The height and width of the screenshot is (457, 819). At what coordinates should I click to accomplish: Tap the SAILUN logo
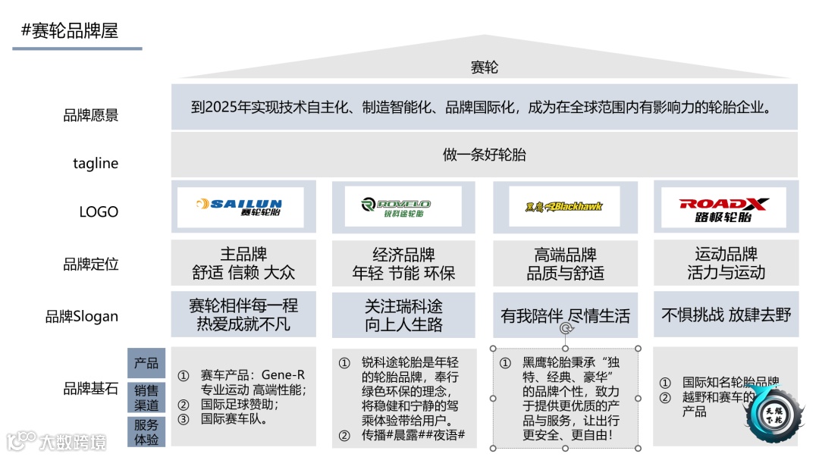click(x=240, y=206)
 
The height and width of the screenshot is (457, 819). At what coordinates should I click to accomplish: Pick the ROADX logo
click(x=725, y=206)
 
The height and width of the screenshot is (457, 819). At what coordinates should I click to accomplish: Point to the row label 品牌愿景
click(x=90, y=116)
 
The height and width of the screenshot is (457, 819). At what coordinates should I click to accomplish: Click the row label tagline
click(x=96, y=163)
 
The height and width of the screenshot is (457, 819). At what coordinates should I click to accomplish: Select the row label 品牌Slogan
click(x=82, y=316)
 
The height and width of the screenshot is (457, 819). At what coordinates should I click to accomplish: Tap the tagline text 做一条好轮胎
click(x=484, y=155)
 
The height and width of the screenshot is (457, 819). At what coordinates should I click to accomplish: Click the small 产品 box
click(x=146, y=363)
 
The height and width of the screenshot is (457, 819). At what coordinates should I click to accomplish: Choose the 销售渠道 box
click(x=146, y=398)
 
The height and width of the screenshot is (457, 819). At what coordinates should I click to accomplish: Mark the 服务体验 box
click(x=146, y=432)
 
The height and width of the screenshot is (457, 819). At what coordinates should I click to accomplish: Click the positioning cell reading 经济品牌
click(x=403, y=255)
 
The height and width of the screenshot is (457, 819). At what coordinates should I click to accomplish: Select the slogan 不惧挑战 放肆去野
click(x=725, y=315)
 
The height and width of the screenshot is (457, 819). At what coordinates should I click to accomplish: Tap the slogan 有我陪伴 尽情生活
click(x=565, y=315)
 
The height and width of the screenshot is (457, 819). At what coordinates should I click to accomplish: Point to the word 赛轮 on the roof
click(x=485, y=67)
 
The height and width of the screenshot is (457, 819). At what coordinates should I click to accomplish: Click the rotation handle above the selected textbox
click(x=565, y=329)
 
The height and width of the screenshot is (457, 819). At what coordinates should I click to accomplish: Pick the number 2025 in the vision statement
click(x=221, y=107)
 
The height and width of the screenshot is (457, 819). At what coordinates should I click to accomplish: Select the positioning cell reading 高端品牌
click(x=565, y=255)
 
